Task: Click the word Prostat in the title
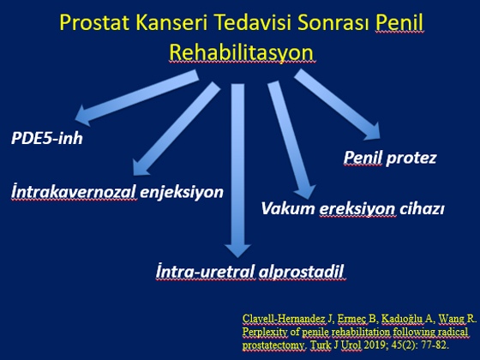[94, 22]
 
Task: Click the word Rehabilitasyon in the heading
[242, 52]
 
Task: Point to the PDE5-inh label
[47, 138]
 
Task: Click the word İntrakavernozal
[74, 192]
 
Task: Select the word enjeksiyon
[182, 193]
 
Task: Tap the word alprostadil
[301, 272]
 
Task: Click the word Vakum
[288, 209]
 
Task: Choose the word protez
[411, 159]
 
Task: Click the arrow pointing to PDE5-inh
[137, 98]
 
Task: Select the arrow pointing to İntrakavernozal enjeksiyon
[177, 129]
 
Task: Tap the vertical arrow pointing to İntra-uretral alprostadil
[238, 171]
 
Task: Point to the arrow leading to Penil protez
[337, 104]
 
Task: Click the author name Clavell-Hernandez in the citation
[284, 319]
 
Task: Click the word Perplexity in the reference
[265, 333]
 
